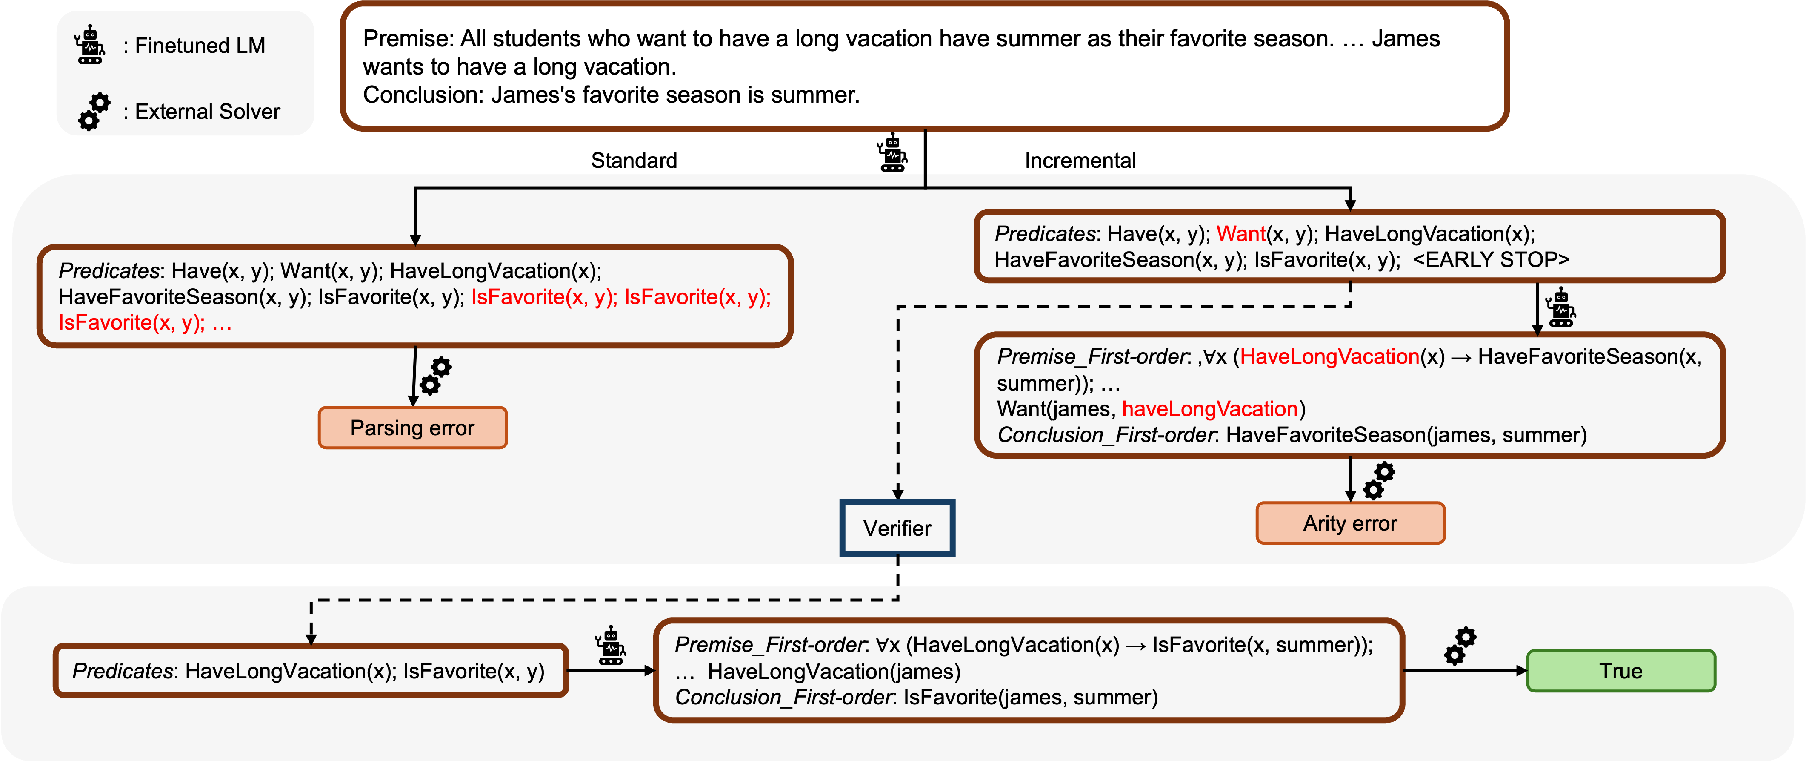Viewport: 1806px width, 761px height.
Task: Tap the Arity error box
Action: pyautogui.click(x=1349, y=523)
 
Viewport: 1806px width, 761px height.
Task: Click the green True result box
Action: pyautogui.click(x=1620, y=671)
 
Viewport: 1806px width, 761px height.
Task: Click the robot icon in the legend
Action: pyautogui.click(x=90, y=45)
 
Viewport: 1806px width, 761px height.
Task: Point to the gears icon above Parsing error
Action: pyautogui.click(x=435, y=376)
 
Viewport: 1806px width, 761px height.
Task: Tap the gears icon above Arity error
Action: pyautogui.click(x=1378, y=480)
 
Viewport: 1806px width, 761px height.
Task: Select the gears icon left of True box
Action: pyautogui.click(x=1460, y=646)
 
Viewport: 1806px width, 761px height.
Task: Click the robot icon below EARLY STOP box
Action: pyautogui.click(x=1560, y=307)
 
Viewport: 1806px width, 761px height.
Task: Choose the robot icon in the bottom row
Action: pyautogui.click(x=610, y=645)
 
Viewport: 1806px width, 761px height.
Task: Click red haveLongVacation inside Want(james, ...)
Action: pyautogui.click(x=1209, y=409)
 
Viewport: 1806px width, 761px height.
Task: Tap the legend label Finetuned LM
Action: pyautogui.click(x=200, y=46)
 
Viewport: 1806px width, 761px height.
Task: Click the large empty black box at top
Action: pyautogui.click(x=924, y=66)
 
